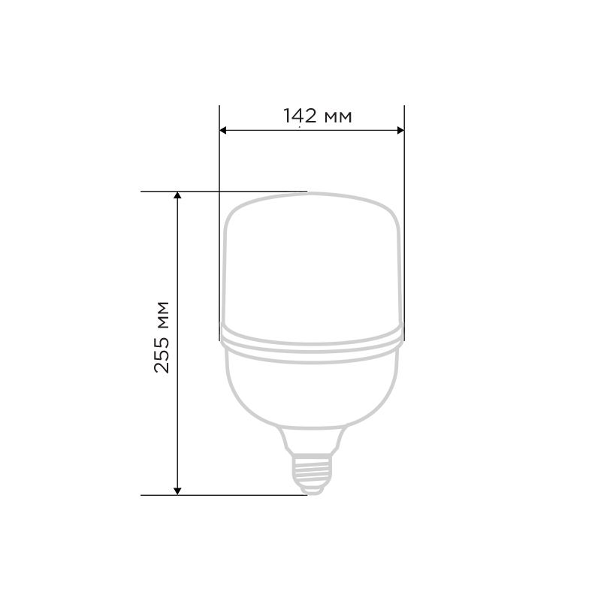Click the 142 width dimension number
[x=300, y=116]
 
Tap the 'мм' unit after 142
[x=338, y=116]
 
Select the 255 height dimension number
[x=162, y=355]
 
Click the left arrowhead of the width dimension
[x=223, y=130]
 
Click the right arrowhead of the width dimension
[x=400, y=130]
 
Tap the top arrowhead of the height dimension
[x=177, y=195]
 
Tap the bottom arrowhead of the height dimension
[x=177, y=491]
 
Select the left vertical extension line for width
[x=219, y=223]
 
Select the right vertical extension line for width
[x=404, y=223]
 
